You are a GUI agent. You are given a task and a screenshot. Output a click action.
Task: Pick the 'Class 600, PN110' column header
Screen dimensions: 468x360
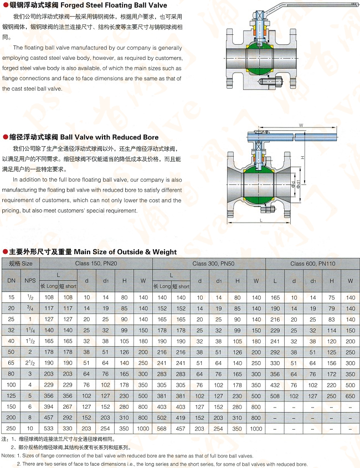[x=312, y=264]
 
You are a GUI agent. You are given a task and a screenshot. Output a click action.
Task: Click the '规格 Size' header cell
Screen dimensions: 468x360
[x=20, y=264]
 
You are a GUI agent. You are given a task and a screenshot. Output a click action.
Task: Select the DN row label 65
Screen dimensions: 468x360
[x=12, y=363]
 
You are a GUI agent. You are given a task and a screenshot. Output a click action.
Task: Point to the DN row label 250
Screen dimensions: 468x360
[x=12, y=428]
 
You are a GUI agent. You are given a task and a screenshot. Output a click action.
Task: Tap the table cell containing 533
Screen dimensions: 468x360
[x=49, y=428]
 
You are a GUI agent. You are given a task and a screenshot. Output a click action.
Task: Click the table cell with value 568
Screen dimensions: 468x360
[x=162, y=428]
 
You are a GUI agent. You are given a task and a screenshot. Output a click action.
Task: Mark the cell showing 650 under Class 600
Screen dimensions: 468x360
[x=350, y=395]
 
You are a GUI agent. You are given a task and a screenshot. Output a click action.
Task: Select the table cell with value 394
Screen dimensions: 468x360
[x=49, y=407]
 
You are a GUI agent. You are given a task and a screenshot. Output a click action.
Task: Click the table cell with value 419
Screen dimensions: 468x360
[x=181, y=417]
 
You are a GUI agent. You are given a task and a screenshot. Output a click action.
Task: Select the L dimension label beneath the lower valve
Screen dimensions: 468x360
[x=260, y=220]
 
